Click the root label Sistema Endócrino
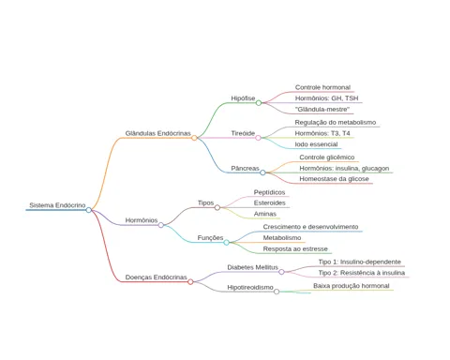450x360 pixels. [x=57, y=205]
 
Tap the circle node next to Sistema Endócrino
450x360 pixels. [x=89, y=210]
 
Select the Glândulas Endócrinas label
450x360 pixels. [x=157, y=133]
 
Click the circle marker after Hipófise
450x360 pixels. [x=259, y=103]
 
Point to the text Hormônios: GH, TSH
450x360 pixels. [x=326, y=98]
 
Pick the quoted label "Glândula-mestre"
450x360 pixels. [x=322, y=110]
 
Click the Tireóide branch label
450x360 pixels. [x=243, y=133]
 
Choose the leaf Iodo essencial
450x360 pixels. [x=316, y=144]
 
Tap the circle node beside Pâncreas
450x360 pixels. [x=262, y=172]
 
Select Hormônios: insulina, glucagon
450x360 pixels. [x=344, y=169]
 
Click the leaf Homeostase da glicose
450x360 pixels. [x=334, y=179]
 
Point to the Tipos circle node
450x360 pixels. [x=217, y=207]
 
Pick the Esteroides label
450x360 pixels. [x=270, y=203]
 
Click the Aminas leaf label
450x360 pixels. [x=265, y=214]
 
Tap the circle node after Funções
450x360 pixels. [x=226, y=242]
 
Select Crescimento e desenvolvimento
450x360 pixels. [x=310, y=227]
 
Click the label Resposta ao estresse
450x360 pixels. [x=295, y=249]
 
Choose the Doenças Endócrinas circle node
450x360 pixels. [x=190, y=282]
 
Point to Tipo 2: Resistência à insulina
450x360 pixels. [x=362, y=273]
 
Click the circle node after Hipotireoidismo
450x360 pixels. [x=277, y=292]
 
